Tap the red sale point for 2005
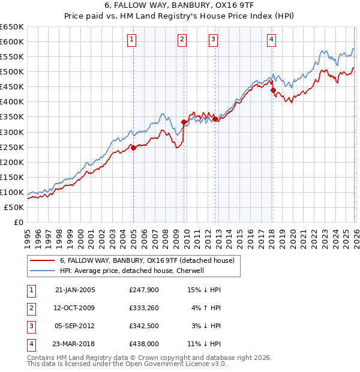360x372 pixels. coord(133,148)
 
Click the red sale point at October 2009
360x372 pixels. coord(184,122)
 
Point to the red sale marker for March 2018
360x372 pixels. coord(273,90)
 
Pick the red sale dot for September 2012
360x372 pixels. coord(215,119)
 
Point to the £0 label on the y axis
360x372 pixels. coord(19,223)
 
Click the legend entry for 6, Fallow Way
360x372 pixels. coord(150,260)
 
